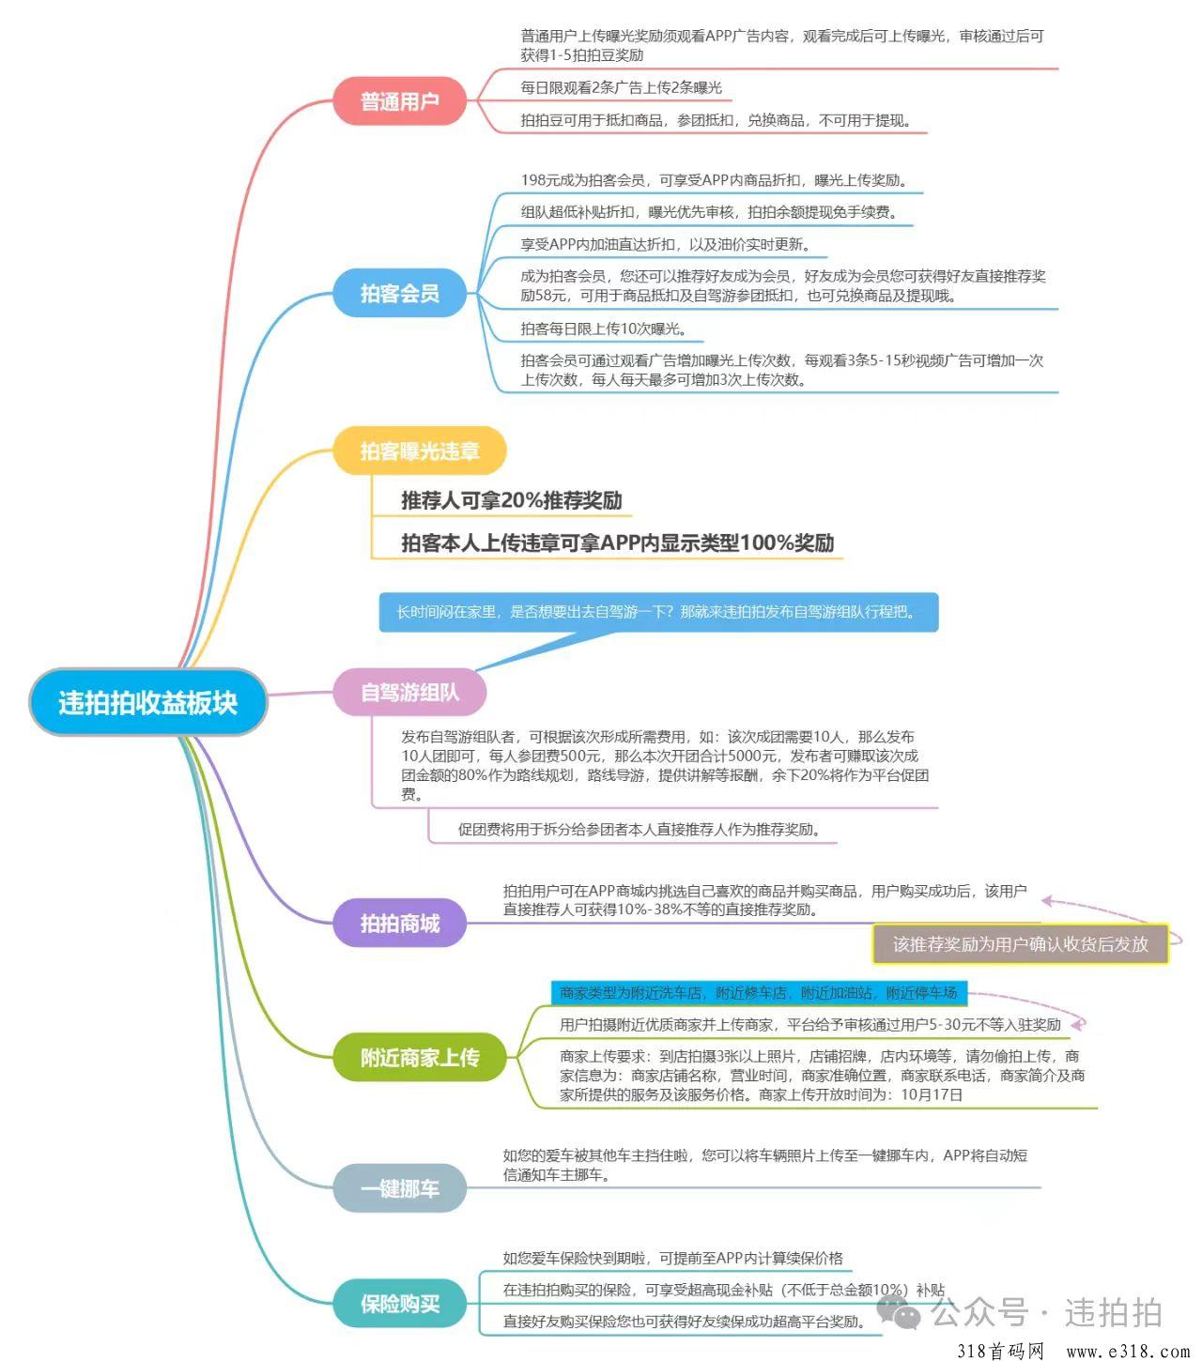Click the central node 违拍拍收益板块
pyautogui.click(x=147, y=702)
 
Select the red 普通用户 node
pyautogui.click(x=400, y=100)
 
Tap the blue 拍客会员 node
pyautogui.click(x=400, y=293)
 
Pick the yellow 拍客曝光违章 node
pyautogui.click(x=420, y=451)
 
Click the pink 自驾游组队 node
pyautogui.click(x=409, y=692)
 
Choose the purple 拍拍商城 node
pyautogui.click(x=400, y=923)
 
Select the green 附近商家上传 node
pyautogui.click(x=420, y=1058)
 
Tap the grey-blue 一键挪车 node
pyautogui.click(x=400, y=1188)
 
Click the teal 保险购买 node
pyautogui.click(x=400, y=1304)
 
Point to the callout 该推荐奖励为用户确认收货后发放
pyautogui.click(x=1021, y=944)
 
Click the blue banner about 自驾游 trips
pyautogui.click(x=659, y=612)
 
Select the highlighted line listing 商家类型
pyautogui.click(x=759, y=993)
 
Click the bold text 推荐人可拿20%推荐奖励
pyautogui.click(x=512, y=500)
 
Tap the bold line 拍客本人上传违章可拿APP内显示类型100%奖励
pyautogui.click(x=618, y=543)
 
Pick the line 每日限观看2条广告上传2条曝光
pyautogui.click(x=621, y=87)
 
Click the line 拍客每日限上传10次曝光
pyautogui.click(x=603, y=329)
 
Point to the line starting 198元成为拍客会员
pyautogui.click(x=716, y=180)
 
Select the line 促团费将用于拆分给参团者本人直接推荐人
pyautogui.click(x=640, y=830)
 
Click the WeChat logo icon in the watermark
pyautogui.click(x=900, y=1310)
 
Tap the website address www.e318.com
pyautogui.click(x=1128, y=1351)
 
